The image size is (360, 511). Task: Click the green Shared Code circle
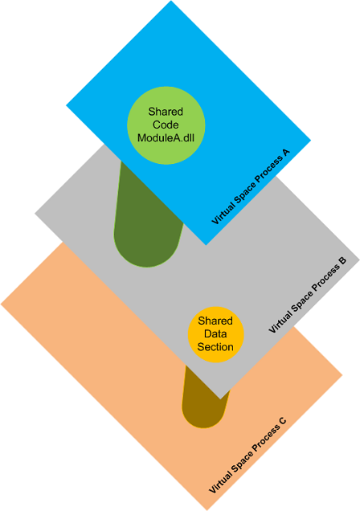pyautogui.click(x=166, y=125)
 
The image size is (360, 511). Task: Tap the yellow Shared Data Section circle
pyautogui.click(x=215, y=334)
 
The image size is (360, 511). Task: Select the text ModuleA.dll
pyautogui.click(x=166, y=138)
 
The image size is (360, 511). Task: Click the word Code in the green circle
pyautogui.click(x=166, y=125)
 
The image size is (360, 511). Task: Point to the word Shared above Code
pyautogui.click(x=166, y=112)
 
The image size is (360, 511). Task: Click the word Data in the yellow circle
pyautogui.click(x=215, y=333)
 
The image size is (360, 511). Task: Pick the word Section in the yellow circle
pyautogui.click(x=215, y=347)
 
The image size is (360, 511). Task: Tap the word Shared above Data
pyautogui.click(x=215, y=321)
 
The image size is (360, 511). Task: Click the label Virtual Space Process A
pyautogui.click(x=251, y=186)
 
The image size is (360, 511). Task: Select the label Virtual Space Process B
pyautogui.click(x=308, y=295)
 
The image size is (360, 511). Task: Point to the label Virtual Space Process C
pyautogui.click(x=247, y=455)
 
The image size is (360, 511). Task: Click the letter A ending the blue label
pyautogui.click(x=286, y=153)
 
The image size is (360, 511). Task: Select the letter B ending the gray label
pyautogui.click(x=343, y=261)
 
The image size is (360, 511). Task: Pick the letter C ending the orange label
pyautogui.click(x=283, y=421)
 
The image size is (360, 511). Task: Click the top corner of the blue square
pyautogui.click(x=171, y=1)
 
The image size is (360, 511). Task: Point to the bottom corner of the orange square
pyautogui.click(x=207, y=510)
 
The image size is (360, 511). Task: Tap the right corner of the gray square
pyautogui.click(x=359, y=260)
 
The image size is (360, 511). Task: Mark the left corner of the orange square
pyautogui.click(x=1, y=305)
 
